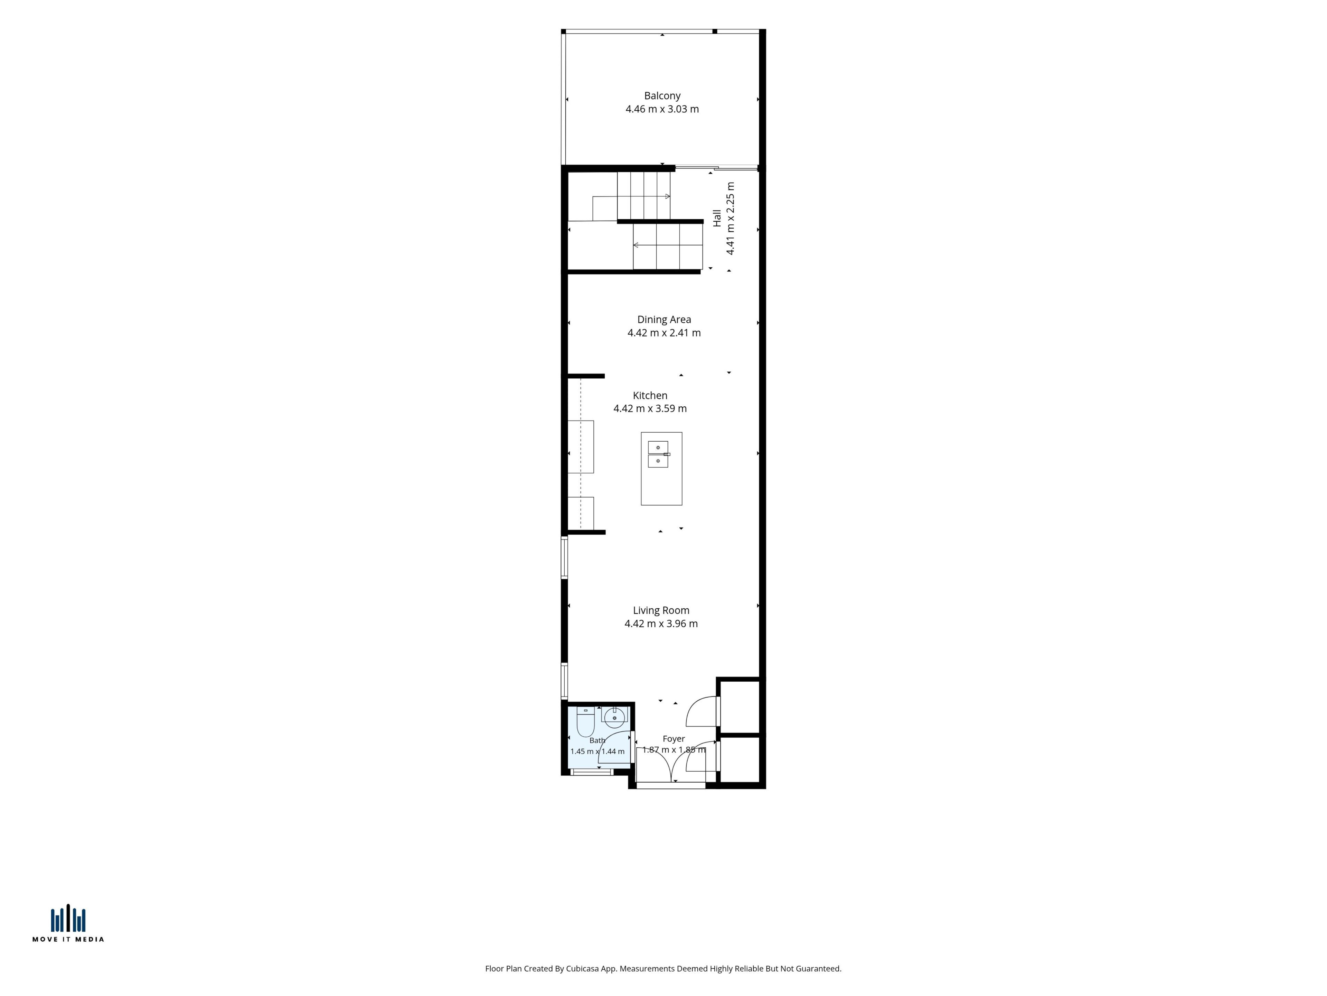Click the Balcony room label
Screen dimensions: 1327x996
(662, 95)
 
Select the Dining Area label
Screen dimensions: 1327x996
(664, 320)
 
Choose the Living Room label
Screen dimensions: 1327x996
(661, 610)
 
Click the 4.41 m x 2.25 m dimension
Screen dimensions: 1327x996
(731, 219)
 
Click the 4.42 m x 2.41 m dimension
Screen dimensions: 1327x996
(664, 333)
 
